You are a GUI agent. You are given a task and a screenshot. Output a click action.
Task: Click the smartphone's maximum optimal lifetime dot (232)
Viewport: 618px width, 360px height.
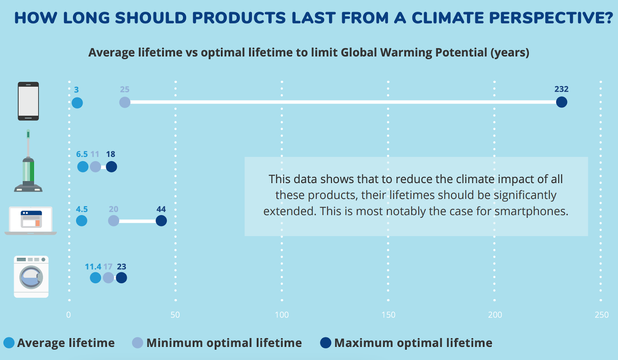561,102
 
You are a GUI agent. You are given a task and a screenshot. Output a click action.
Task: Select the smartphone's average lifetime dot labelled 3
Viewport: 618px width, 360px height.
77,103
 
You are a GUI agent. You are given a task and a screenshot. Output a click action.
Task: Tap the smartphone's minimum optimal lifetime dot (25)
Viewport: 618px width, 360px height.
125,102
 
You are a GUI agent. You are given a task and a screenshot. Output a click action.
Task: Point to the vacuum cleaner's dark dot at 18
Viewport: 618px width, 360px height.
111,167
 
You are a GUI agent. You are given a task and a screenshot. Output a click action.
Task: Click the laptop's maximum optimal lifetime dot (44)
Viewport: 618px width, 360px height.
161,221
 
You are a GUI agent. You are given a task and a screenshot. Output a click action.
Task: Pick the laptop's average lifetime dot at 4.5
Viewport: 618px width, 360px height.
81,221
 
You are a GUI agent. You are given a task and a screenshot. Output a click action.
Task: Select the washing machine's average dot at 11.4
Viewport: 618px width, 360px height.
95,278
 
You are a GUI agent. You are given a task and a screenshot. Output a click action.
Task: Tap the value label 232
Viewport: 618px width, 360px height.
561,89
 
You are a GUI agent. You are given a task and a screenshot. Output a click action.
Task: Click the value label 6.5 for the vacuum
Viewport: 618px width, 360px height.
82,154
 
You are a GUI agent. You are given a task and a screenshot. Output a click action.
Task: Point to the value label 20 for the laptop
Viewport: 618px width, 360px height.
114,209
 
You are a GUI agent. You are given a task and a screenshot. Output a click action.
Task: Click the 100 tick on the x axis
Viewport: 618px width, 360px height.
282,315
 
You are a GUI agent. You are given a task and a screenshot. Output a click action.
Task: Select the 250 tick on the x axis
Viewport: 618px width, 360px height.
601,315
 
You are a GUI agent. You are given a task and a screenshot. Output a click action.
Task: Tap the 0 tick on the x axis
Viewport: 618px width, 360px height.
68,315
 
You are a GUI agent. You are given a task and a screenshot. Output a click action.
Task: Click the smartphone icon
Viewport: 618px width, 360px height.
28,101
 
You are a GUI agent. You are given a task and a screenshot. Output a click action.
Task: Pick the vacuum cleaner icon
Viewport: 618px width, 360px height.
28,162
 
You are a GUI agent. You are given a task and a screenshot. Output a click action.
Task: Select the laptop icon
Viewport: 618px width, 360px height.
31,221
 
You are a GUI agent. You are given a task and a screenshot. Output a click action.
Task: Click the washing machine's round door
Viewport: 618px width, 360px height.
31,277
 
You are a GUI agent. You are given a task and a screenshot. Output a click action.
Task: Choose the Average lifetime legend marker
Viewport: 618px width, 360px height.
9,343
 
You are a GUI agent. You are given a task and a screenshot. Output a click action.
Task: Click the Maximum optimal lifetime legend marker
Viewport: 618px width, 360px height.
326,343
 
